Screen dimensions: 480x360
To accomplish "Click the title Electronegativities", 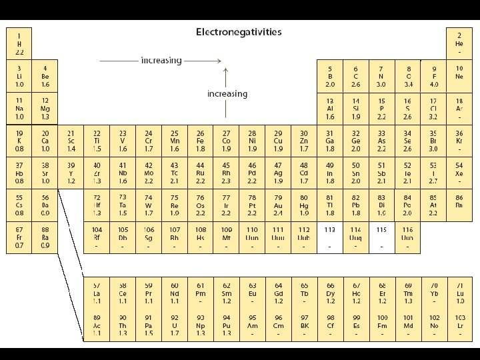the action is point(238,32).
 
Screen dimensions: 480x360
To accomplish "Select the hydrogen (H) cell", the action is point(19,43).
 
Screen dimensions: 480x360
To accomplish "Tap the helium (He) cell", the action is point(459,43).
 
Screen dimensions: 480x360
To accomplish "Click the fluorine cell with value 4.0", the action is point(433,76).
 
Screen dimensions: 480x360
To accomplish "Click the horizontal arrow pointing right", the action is point(160,61).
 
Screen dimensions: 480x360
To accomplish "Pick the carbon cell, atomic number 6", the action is point(355,76).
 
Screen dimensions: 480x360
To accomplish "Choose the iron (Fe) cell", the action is point(200,141).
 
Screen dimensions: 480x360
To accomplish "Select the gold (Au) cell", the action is point(278,205).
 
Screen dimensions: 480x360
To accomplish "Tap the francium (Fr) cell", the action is point(19,237).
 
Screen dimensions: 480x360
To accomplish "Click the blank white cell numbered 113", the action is point(329,237).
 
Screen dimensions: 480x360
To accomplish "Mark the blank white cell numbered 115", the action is point(381,237).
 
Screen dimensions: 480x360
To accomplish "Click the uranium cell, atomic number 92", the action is point(175,325).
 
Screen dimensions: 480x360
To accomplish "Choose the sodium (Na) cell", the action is point(19,108).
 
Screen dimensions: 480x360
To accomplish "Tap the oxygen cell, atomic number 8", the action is point(408,76).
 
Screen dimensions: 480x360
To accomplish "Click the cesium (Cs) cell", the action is point(19,205).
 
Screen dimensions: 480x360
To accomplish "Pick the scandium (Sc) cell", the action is point(71,141).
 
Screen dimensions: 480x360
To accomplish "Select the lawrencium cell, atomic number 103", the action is point(460,325).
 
